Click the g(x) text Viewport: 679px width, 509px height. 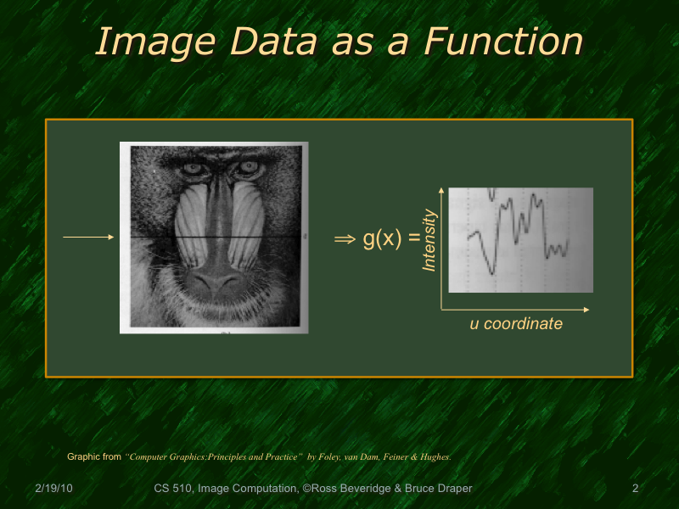(380, 239)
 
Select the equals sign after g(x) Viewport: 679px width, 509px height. (413, 239)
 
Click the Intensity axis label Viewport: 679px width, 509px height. (429, 241)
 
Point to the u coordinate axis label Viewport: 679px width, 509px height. (516, 323)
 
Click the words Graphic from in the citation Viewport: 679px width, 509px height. (93, 456)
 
